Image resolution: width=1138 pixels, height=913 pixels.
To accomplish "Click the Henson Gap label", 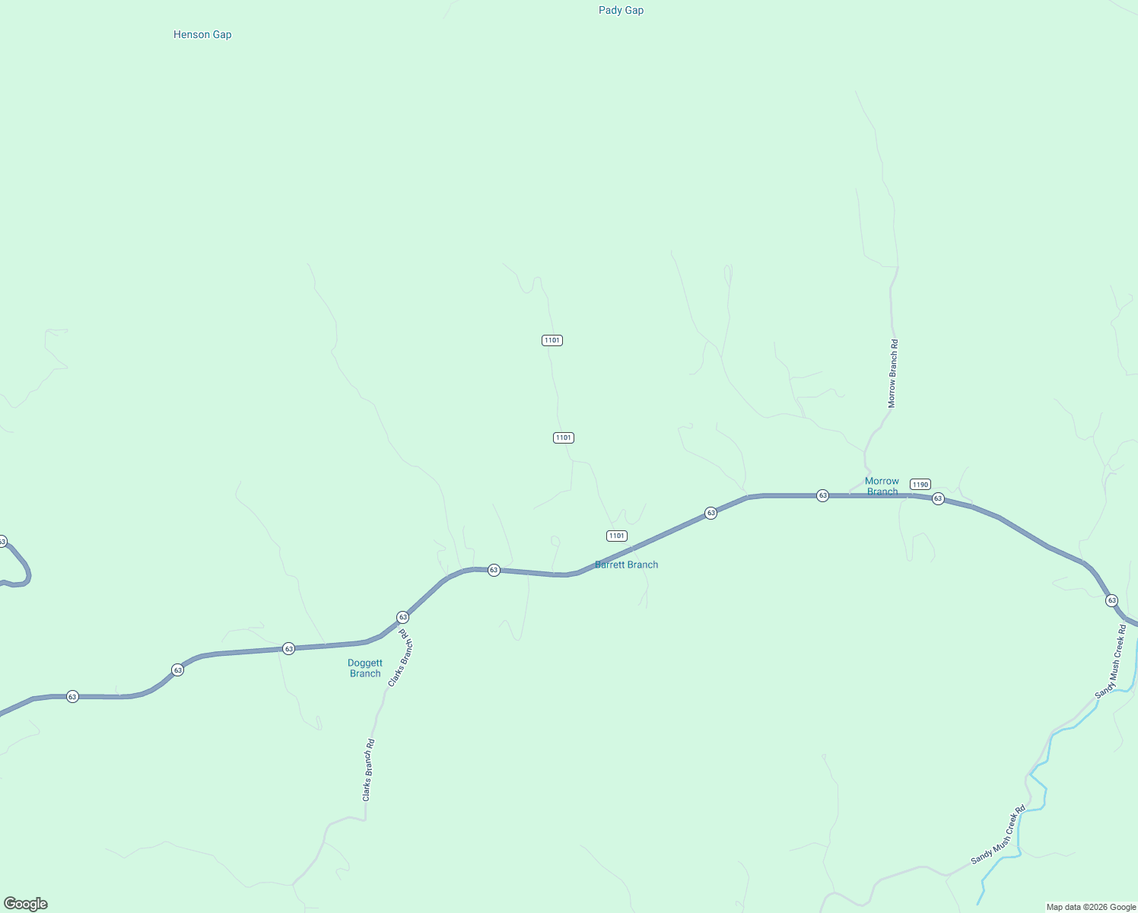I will [x=202, y=34].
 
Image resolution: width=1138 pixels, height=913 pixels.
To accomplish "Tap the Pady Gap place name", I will [x=621, y=10].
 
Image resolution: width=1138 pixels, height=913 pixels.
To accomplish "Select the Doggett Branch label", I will [x=365, y=668].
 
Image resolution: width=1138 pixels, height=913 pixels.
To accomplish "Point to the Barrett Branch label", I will [x=626, y=565].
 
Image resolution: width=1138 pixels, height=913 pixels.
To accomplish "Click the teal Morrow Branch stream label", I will [x=882, y=486].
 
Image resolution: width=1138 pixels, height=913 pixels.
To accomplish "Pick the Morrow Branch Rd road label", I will [x=893, y=374].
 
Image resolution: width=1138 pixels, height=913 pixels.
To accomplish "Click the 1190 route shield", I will [x=920, y=485].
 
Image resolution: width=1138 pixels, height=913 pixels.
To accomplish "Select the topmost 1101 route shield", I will [x=552, y=340].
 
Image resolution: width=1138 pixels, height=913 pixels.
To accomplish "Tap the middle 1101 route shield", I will [x=563, y=437].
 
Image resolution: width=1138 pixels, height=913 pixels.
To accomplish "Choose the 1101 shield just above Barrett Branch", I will [x=617, y=536].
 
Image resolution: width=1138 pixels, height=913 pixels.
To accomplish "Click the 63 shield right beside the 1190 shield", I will [x=938, y=498].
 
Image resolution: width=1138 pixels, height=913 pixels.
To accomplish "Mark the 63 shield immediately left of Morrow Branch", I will [x=822, y=495].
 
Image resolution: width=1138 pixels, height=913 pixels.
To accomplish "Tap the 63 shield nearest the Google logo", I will [x=72, y=696].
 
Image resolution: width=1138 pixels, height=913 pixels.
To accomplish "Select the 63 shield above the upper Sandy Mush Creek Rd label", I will [x=1112, y=600].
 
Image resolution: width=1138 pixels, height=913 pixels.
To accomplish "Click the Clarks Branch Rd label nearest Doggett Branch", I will [x=400, y=658].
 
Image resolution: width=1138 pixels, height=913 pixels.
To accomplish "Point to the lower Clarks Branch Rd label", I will [x=368, y=770].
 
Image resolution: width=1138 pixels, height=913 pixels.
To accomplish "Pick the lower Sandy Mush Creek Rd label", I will [x=998, y=835].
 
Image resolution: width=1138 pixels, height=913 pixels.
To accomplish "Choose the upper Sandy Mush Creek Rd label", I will [x=1111, y=662].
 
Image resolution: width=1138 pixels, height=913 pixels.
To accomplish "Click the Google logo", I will [x=26, y=904].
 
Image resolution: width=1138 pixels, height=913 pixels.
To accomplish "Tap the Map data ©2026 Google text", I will [x=1091, y=907].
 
